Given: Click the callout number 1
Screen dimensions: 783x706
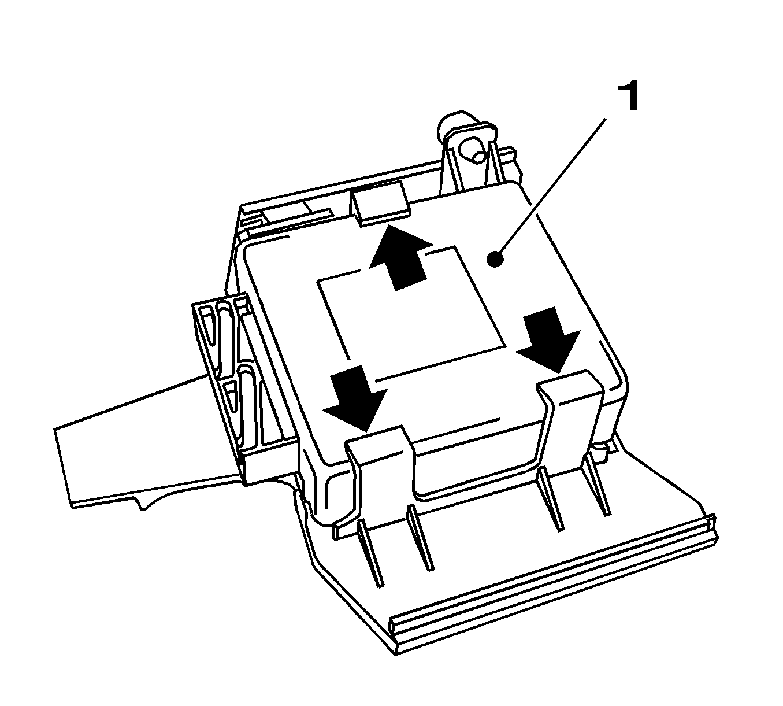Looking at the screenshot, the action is click(629, 96).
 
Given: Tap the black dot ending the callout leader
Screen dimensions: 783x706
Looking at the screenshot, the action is click(495, 259).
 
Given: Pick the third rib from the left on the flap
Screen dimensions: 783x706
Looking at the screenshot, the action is click(550, 500).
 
